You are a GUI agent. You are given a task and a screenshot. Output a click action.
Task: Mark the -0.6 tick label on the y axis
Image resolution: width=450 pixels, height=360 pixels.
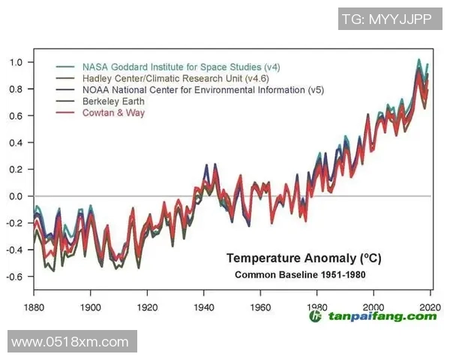(x=13, y=277)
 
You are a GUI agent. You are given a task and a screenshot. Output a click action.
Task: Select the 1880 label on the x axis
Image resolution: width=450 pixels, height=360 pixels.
(x=34, y=307)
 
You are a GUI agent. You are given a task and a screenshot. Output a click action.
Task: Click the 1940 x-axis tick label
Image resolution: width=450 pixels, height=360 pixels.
(x=204, y=307)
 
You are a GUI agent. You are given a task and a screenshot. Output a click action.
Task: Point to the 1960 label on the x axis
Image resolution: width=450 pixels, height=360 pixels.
(x=260, y=307)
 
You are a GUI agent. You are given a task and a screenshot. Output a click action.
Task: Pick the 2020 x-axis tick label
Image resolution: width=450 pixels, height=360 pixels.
(x=429, y=307)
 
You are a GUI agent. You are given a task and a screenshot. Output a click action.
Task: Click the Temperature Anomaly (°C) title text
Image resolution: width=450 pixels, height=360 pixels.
(x=304, y=259)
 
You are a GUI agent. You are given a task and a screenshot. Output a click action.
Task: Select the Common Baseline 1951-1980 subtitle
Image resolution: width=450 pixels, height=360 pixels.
(x=300, y=274)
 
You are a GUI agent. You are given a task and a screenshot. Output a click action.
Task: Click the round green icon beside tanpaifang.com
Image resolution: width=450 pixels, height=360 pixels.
(x=316, y=316)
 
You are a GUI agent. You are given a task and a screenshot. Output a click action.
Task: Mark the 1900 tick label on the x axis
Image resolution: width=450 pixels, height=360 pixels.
(x=91, y=307)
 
